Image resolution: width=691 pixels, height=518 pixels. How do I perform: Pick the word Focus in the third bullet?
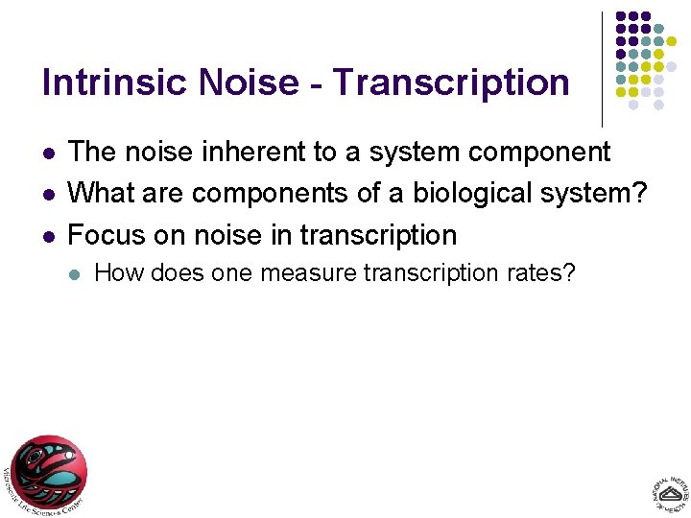point(106,234)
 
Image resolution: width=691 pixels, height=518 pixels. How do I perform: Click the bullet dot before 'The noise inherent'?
point(48,153)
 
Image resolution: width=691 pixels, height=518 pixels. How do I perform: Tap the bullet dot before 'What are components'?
point(48,194)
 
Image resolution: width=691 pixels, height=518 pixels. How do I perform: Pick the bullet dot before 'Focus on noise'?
point(48,235)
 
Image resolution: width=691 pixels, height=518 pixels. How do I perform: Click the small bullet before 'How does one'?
point(74,274)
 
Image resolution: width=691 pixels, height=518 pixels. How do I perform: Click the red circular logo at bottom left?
point(48,472)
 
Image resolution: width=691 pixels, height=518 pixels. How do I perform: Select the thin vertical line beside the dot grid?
point(602,69)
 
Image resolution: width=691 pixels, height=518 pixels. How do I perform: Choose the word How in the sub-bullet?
point(114,273)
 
